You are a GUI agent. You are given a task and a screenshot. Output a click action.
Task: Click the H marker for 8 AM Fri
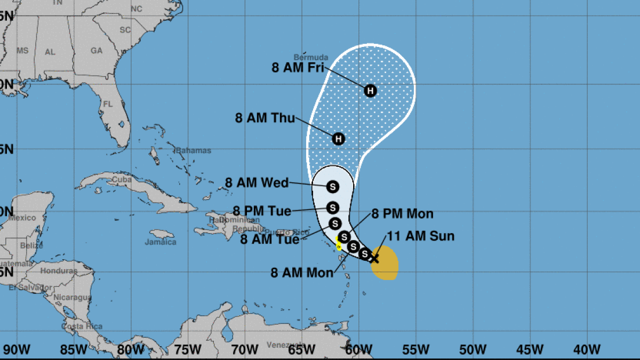(x=370, y=91)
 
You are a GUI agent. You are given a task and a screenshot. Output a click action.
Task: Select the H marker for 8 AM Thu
(x=338, y=139)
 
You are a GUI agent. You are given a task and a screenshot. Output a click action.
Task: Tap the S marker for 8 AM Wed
(x=333, y=187)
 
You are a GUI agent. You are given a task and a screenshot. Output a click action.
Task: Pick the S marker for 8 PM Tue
(x=333, y=207)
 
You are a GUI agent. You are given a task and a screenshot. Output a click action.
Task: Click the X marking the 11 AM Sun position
(x=374, y=259)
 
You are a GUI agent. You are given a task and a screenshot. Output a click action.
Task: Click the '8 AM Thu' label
(x=265, y=118)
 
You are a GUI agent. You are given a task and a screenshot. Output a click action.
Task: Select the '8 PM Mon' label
(x=402, y=214)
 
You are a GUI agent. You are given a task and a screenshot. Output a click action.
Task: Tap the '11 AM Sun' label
(x=420, y=235)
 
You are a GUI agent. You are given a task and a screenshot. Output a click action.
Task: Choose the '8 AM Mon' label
(x=302, y=273)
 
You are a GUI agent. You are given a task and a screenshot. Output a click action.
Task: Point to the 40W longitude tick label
(x=587, y=350)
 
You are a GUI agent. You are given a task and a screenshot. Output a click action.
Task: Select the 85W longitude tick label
(x=73, y=350)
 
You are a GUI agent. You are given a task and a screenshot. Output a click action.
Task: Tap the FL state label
(x=108, y=104)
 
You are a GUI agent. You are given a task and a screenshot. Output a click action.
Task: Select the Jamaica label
(x=161, y=242)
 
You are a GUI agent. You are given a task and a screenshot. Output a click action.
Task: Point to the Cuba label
(x=122, y=180)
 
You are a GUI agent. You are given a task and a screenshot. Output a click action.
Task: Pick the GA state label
(x=97, y=51)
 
